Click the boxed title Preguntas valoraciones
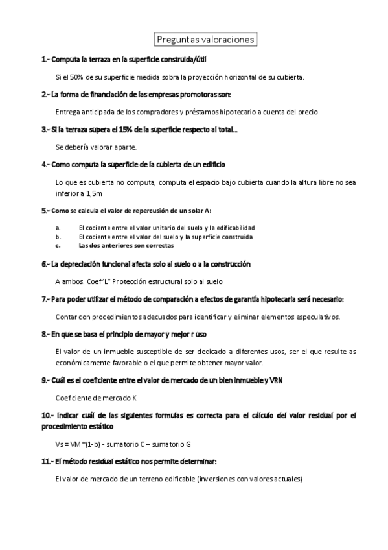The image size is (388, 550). point(207,40)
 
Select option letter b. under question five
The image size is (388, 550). point(58,237)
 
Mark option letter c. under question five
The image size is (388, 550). point(58,246)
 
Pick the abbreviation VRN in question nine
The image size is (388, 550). point(276,380)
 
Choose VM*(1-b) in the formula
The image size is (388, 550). point(90,444)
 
